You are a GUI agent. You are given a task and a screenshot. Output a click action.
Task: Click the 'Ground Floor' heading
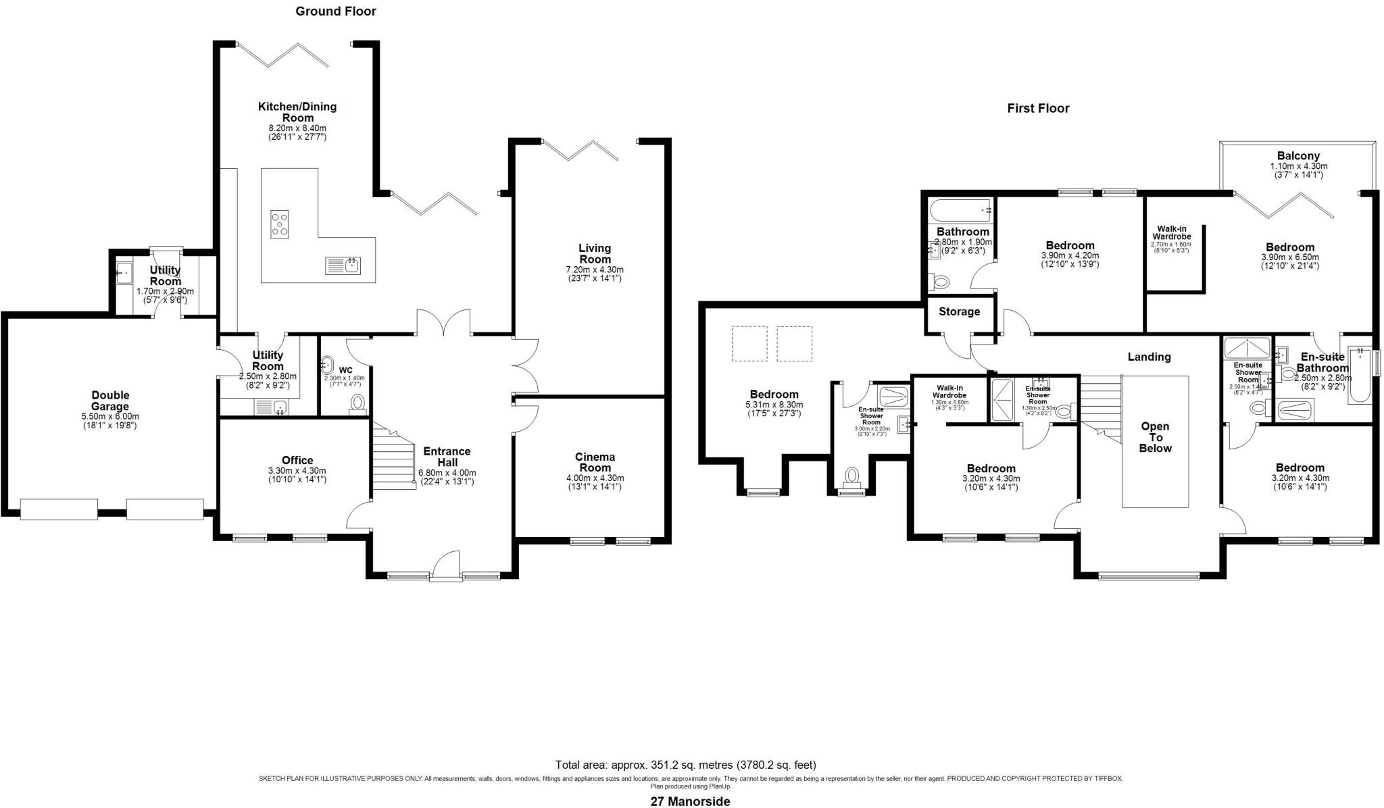336,11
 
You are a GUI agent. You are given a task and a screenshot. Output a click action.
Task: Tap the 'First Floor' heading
1038,108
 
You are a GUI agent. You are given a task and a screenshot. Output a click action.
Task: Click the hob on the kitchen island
280,224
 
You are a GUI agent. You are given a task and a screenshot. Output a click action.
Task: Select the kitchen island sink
352,266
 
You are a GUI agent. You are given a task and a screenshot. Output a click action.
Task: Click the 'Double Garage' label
110,401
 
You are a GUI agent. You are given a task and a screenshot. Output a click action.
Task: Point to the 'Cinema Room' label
595,462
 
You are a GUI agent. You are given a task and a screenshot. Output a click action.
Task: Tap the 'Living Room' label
595,253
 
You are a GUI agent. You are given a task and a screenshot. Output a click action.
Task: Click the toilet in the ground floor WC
358,404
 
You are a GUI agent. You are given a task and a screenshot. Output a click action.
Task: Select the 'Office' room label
297,461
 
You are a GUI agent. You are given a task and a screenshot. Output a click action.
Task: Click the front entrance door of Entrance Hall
446,566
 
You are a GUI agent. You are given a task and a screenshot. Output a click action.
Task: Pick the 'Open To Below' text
1155,437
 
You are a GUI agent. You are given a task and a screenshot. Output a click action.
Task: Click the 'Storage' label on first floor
959,311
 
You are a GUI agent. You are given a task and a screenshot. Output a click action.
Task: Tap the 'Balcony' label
1298,156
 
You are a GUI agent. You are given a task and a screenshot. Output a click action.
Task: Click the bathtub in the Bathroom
960,210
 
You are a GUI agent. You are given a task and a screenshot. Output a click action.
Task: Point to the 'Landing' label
1149,357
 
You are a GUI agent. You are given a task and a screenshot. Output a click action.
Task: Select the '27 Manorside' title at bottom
690,801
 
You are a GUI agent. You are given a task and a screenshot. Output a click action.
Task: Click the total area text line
685,765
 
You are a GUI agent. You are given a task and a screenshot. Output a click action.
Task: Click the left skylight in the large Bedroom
749,343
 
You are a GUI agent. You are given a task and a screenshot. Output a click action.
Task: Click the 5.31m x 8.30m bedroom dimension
774,405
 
